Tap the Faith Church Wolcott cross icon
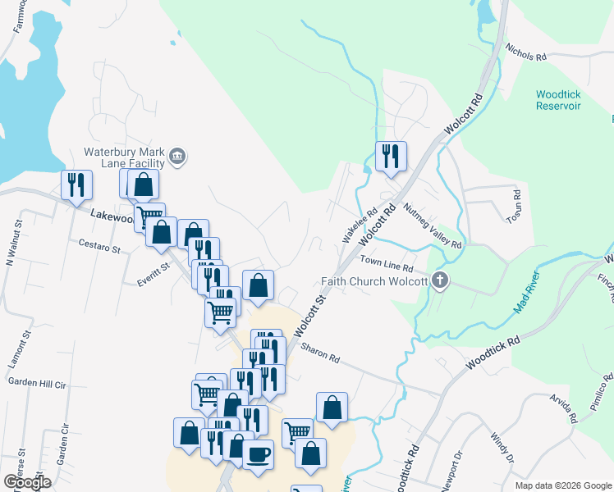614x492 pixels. [x=441, y=281]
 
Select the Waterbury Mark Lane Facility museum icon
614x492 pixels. [x=177, y=156]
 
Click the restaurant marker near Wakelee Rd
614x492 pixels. [x=391, y=156]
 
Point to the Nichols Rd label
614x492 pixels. [x=525, y=52]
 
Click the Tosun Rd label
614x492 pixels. [x=515, y=207]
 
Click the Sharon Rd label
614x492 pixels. [x=320, y=353]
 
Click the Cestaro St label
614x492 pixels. [x=99, y=244]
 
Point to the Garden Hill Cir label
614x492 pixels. [x=36, y=382]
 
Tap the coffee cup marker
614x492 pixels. [x=258, y=453]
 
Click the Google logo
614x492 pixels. [x=27, y=481]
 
